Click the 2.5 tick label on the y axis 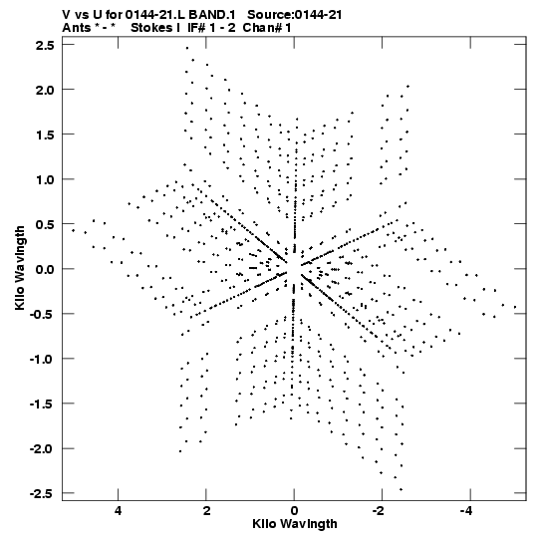[45, 45]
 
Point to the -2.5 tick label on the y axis [42, 493]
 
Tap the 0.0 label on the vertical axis [45, 269]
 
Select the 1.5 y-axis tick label [45, 135]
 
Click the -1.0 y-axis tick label [42, 360]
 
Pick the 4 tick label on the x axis [118, 511]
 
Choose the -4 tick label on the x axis [467, 511]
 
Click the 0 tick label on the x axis [294, 511]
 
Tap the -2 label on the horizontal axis [380, 511]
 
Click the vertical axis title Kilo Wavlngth [20, 268]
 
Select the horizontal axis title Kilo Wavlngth [295, 524]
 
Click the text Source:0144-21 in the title [295, 15]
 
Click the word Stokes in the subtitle [152, 28]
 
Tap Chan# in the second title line [260, 28]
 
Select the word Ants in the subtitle [77, 28]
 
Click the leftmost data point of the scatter [73, 230]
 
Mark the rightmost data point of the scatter [515, 307]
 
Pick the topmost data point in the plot [187, 48]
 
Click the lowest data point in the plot [401, 489]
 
